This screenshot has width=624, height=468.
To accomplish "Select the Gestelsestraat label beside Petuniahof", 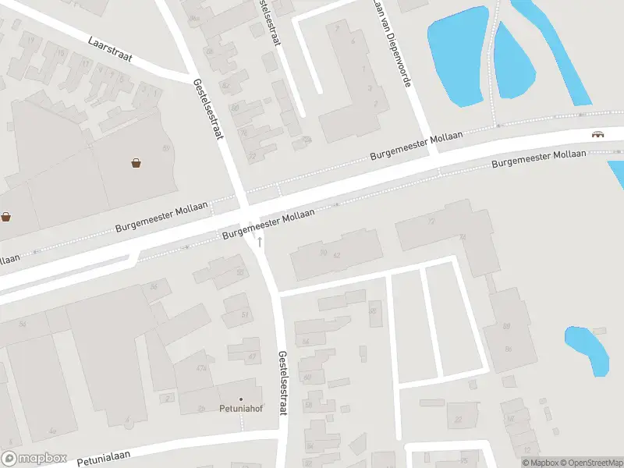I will pos(282,381).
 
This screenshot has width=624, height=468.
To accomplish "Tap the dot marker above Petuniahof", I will pos(241,399).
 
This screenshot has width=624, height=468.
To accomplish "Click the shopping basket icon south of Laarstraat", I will pos(136,163).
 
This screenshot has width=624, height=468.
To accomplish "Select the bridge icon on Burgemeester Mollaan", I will pos(597,133).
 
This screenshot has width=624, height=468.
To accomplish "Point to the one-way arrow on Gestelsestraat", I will pos(260,242).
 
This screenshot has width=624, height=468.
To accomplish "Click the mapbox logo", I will pos(34,459).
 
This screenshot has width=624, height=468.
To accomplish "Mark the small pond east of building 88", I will pos(587,349).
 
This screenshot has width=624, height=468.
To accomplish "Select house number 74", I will pos(463,236).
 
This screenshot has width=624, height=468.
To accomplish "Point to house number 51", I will pos(245,314).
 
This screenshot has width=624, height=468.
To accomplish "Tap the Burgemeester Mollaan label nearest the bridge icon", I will pos(539,159).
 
